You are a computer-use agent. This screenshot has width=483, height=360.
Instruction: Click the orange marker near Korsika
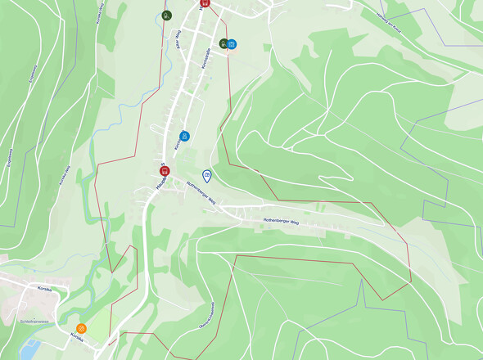pyautogui.click(x=81, y=329)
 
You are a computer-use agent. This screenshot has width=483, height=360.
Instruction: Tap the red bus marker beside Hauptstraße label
pyautogui.click(x=164, y=170)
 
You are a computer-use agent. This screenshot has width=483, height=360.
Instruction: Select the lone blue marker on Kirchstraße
pyautogui.click(x=184, y=137)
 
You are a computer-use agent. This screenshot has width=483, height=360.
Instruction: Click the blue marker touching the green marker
pyautogui.click(x=232, y=44)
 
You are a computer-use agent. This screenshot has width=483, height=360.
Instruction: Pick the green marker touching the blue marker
pyautogui.click(x=223, y=43)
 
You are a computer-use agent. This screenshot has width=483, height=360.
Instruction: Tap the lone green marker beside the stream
pyautogui.click(x=166, y=15)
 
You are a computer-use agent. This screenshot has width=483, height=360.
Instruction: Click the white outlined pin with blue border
pyautogui.click(x=207, y=176)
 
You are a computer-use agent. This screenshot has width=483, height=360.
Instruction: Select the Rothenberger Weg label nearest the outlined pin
pyautogui.click(x=201, y=191)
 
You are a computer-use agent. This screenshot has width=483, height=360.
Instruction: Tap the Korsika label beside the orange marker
pyautogui.click(x=77, y=336)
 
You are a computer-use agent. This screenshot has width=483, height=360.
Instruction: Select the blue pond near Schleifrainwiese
pyautogui.click(x=29, y=349)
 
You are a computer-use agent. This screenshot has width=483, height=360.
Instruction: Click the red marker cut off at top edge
pyautogui.click(x=205, y=2)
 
